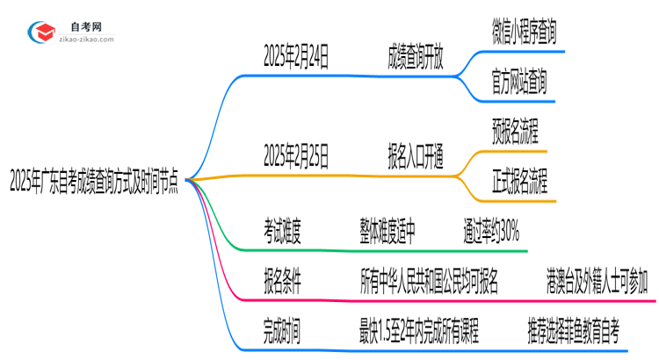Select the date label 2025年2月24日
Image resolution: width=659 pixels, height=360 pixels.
coord(297,57)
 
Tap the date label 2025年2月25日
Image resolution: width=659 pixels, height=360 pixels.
coord(297,157)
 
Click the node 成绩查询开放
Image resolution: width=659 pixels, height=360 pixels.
coord(416,57)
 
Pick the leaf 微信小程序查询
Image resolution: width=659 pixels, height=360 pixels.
coord(524,32)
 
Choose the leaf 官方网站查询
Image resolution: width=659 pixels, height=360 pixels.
coord(519,83)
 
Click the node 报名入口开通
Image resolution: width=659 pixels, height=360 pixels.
coord(416,157)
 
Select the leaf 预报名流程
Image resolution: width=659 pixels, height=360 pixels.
coord(515,133)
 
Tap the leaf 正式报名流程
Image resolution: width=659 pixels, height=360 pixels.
coord(519,183)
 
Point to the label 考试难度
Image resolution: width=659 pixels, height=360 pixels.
coord(283,233)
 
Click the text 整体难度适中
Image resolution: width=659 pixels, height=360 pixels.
coord(387,233)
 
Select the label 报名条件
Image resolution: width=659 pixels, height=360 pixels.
coord(283,283)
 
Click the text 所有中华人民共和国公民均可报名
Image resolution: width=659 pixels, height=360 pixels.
coord(430,283)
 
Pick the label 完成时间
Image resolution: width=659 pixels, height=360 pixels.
coord(283,333)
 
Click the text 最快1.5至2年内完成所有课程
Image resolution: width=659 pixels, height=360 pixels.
coord(420,333)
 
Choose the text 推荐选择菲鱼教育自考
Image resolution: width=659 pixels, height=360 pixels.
coord(574,333)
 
